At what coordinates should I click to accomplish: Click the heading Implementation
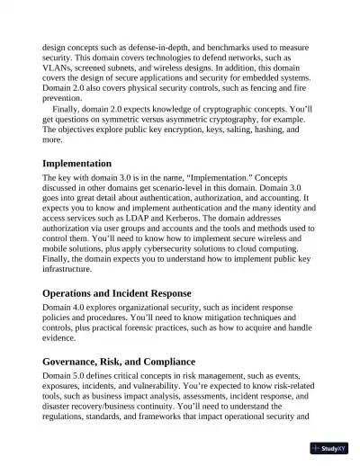coord(77,164)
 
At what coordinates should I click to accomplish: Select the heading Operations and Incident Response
coord(115,293)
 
